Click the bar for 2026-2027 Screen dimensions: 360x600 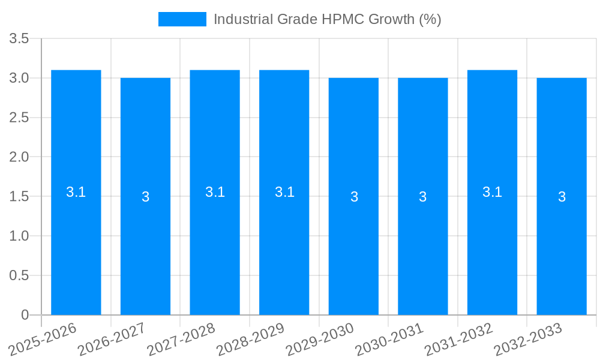point(145,240)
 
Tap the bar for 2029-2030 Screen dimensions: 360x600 point(353,240)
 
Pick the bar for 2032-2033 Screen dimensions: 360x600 point(562,240)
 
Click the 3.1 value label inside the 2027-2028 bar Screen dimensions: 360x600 point(215,192)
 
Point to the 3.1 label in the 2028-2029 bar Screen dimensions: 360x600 point(284,192)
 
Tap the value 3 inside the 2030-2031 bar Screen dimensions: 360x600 point(423,197)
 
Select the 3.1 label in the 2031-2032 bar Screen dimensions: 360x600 point(492,192)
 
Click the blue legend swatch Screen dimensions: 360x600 point(182,19)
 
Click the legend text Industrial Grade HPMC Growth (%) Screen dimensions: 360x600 point(327,19)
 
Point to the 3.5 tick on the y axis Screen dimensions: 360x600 point(19,39)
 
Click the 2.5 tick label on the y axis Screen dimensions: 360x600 point(19,118)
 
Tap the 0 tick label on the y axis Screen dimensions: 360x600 point(25,315)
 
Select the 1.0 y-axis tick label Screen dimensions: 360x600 point(19,236)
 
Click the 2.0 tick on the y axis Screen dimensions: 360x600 point(19,157)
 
